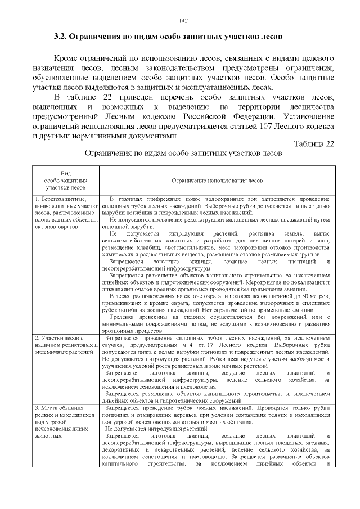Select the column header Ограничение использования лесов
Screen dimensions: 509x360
coord(217,180)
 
